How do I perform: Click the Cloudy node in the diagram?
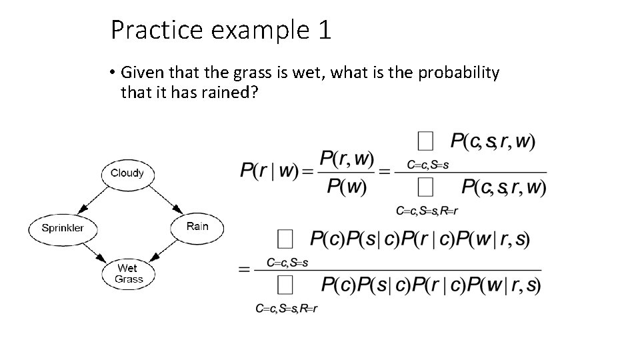pyautogui.click(x=127, y=173)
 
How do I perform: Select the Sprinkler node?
pyautogui.click(x=63, y=228)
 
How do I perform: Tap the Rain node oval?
pyautogui.click(x=197, y=227)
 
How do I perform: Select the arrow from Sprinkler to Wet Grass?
pyautogui.click(x=94, y=251)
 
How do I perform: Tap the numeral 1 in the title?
pyautogui.click(x=325, y=31)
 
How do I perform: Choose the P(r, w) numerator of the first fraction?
pyautogui.click(x=346, y=159)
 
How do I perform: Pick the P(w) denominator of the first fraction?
pyautogui.click(x=346, y=185)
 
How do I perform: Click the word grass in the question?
pyautogui.click(x=253, y=73)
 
